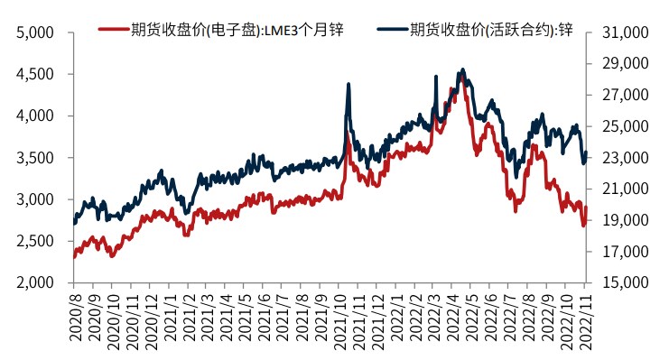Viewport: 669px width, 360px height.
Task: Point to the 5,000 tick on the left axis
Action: pyautogui.click(x=36, y=32)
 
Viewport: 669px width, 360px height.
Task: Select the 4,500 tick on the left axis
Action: pyautogui.click(x=36, y=74)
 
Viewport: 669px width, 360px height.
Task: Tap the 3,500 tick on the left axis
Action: pyautogui.click(x=36, y=158)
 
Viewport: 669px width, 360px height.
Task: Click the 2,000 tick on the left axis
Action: pyautogui.click(x=36, y=282)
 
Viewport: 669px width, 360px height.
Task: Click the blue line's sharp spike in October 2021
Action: pyautogui.click(x=348, y=84)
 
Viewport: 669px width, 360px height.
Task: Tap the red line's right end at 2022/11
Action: pyautogui.click(x=586, y=208)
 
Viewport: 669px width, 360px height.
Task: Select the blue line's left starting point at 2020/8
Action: pyautogui.click(x=74, y=222)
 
